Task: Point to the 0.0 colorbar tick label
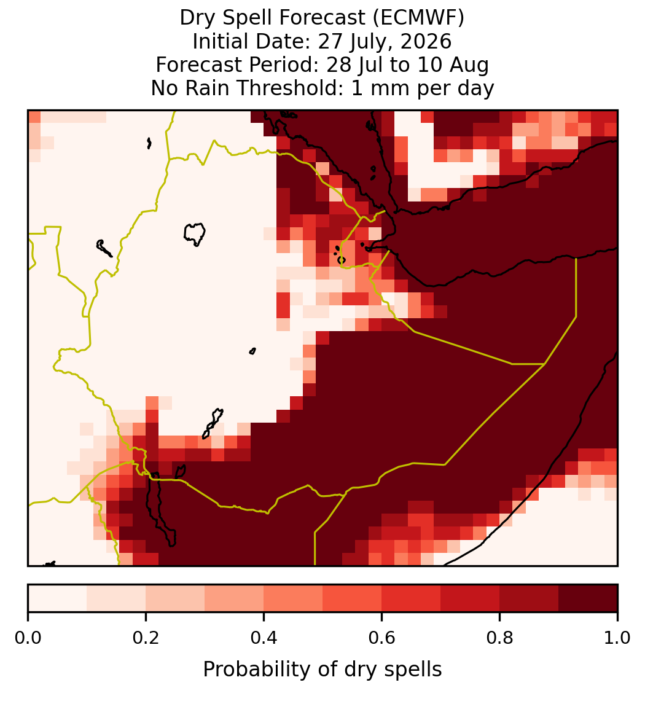pos(28,638)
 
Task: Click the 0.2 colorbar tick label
pos(146,638)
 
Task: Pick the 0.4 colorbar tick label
pos(264,638)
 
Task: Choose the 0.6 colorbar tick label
pos(382,638)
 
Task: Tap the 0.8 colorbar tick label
pos(500,638)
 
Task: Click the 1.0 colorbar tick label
pos(617,638)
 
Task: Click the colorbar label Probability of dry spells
pos(322,670)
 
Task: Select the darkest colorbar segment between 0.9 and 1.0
pos(588,598)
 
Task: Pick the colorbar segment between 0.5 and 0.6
pos(353,598)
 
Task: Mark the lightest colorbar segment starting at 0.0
pos(58,598)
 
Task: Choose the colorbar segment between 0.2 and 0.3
pos(176,598)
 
